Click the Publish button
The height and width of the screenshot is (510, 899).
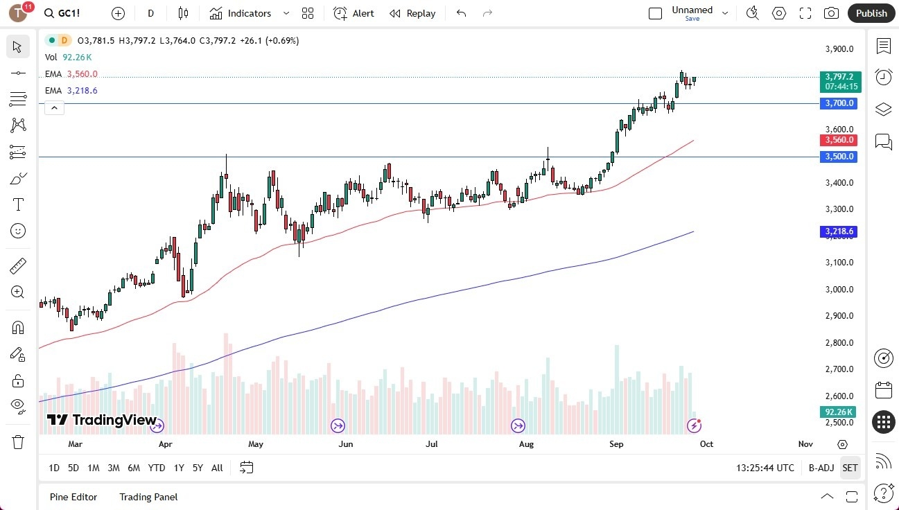point(871,13)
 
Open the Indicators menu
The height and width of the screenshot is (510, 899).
point(248,13)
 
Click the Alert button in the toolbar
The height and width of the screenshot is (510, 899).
point(354,13)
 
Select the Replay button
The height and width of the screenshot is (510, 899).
point(412,13)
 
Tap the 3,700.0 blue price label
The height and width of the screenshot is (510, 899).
point(839,103)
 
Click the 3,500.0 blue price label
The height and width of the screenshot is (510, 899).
point(839,157)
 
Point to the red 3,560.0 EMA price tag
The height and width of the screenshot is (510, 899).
point(839,140)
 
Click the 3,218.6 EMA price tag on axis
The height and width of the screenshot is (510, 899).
point(839,231)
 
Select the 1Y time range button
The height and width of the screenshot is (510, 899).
point(179,468)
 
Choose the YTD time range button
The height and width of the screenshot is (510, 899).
point(157,468)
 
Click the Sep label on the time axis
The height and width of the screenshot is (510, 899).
point(616,444)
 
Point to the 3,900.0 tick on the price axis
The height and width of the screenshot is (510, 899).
point(839,49)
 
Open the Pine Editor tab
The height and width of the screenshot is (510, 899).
point(73,497)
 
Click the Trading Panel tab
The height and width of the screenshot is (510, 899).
point(148,497)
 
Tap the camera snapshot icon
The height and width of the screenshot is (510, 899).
point(831,13)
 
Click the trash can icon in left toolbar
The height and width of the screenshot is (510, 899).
point(18,442)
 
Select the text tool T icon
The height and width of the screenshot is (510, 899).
point(18,204)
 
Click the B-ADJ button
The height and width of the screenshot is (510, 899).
point(821,468)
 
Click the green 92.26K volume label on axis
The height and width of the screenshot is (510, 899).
point(839,412)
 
